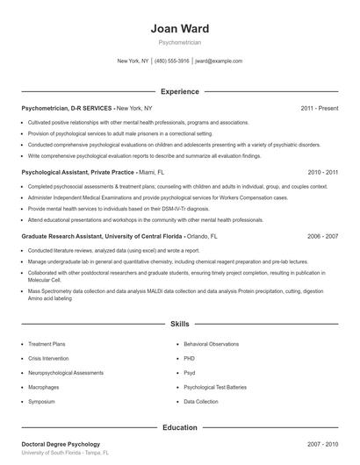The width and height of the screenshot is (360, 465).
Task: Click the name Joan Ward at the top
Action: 179,29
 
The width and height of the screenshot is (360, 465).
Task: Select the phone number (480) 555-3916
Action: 172,61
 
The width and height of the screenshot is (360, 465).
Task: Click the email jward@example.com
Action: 218,61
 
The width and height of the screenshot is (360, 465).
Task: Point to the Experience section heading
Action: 179,91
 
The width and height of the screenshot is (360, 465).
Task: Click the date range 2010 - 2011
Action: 322,173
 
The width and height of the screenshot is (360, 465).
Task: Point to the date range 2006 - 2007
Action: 322,237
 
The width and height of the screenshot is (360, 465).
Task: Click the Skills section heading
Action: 179,324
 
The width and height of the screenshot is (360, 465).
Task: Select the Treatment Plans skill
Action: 47,345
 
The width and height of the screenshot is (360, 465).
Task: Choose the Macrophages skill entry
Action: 44,387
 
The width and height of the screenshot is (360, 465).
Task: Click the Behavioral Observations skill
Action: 212,345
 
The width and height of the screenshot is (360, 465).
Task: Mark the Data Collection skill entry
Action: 201,401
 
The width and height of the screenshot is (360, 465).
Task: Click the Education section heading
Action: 179,427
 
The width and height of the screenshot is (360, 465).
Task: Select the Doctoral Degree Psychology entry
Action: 61,445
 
